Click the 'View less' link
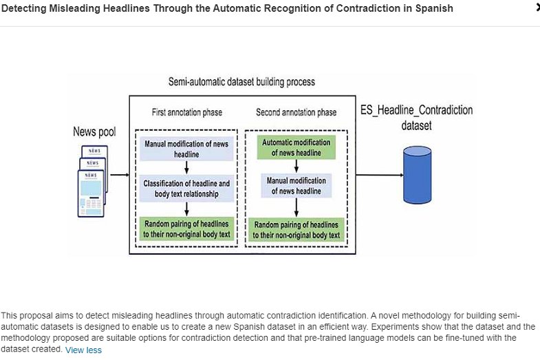coord(83,350)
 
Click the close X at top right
coord(537,7)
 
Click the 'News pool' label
coord(94,131)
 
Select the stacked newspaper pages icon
coord(91,180)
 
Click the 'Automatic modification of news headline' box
coord(296,147)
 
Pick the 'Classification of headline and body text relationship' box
coord(186,189)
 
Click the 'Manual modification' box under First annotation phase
coord(186,148)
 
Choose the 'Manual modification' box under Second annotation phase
coord(296,186)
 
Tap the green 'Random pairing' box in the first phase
coord(186,229)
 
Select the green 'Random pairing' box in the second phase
coord(296,229)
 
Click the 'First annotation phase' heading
coord(186,112)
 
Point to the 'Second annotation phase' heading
coord(296,112)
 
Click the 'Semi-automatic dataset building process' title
coord(241,81)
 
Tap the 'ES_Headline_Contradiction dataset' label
coord(416,118)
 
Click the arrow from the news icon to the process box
coord(119,175)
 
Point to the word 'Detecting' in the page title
coord(25,8)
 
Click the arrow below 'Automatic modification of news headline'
coord(296,166)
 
